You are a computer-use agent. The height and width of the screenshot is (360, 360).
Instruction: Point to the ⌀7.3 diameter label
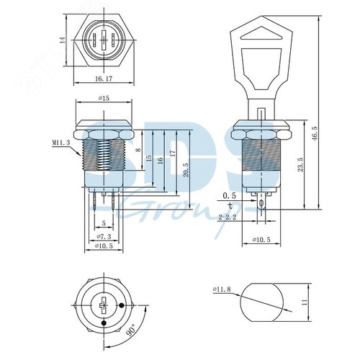[x=104, y=237]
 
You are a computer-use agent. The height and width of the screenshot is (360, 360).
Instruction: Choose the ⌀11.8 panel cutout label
[x=221, y=290]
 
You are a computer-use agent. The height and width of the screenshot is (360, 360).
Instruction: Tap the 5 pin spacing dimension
[x=104, y=223]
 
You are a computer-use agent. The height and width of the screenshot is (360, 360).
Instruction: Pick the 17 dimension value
[x=171, y=155]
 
